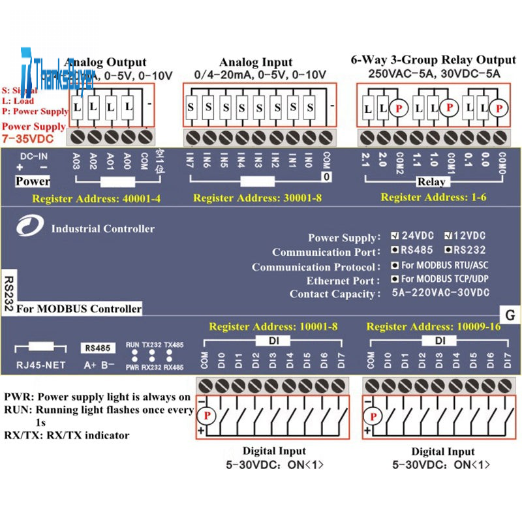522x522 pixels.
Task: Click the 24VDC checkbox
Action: (395, 236)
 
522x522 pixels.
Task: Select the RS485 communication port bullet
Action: (395, 249)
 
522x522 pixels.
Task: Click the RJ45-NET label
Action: (41, 365)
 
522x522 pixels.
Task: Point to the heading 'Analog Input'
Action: (256, 63)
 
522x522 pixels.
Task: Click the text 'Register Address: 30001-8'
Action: (258, 197)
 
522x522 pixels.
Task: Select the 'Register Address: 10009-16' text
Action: (433, 326)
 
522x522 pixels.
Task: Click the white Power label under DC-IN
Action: (32, 181)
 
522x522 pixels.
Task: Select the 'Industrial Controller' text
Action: (102, 228)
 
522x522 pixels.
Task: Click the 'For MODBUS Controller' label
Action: (79, 308)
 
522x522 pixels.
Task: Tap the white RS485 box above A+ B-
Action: (96, 348)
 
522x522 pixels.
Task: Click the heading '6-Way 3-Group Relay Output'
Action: (433, 60)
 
